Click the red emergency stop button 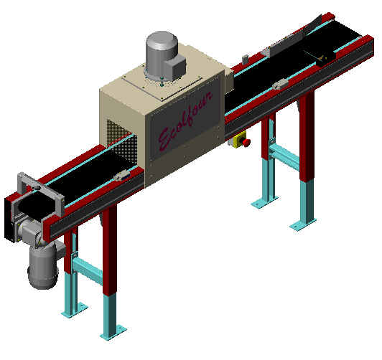(x=246, y=143)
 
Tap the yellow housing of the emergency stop (x=238, y=140)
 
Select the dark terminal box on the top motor (x=175, y=66)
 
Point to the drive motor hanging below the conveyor (x=43, y=266)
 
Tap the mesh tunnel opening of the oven (x=121, y=142)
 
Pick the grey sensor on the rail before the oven (x=122, y=176)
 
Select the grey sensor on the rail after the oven (x=280, y=84)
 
